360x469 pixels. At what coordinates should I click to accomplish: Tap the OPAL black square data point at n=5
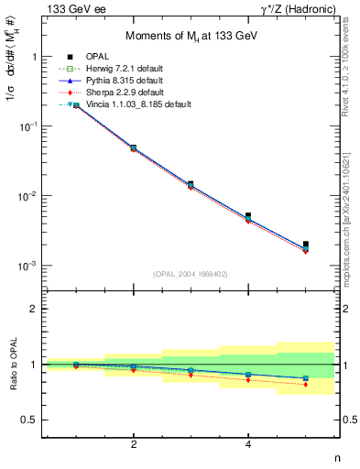tap(306, 245)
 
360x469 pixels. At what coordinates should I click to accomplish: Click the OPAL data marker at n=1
tap(76, 105)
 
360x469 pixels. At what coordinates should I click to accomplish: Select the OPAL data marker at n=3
tap(191, 184)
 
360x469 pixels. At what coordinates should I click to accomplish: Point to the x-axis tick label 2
tap(134, 444)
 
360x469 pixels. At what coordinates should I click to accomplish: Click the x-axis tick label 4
tap(248, 444)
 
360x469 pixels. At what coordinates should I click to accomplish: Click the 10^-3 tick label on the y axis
tap(27, 266)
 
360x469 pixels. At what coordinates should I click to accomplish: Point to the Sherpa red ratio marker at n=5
tap(306, 385)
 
